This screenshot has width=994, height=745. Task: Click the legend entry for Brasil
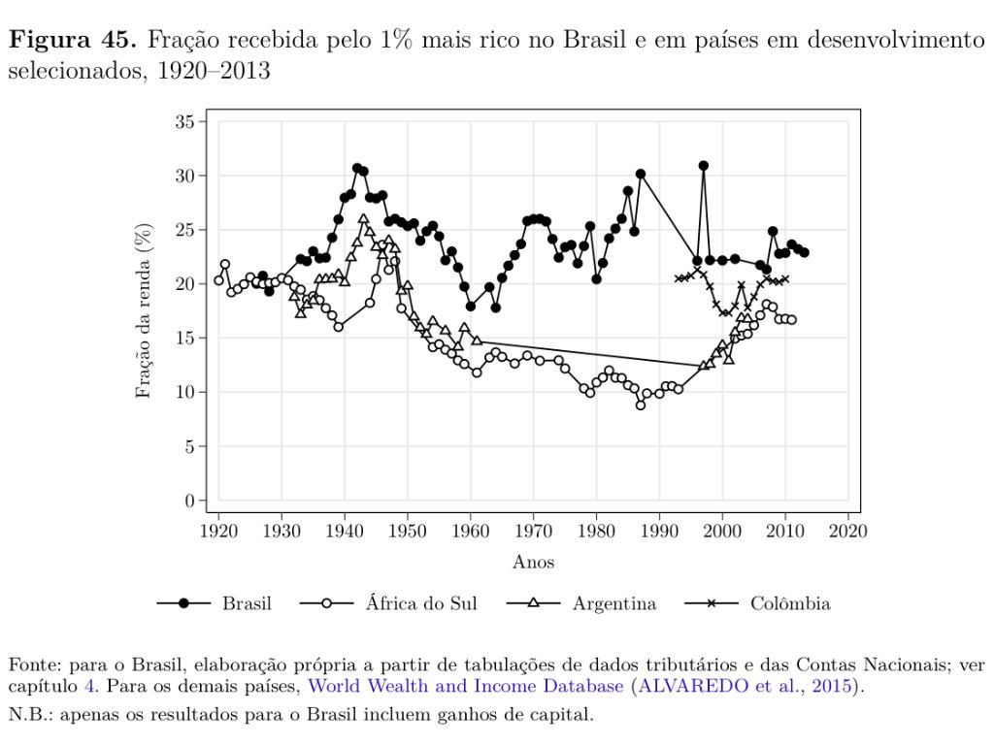(x=247, y=603)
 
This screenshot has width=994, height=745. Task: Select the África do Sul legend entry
(x=421, y=603)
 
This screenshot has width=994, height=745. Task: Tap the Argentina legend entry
(x=613, y=603)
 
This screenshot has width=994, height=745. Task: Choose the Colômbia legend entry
(x=789, y=603)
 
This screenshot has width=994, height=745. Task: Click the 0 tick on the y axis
(x=190, y=501)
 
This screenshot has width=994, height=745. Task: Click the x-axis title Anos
(x=533, y=562)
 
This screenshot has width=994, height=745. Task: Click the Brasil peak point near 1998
(x=704, y=166)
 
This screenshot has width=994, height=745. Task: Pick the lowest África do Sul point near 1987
(x=641, y=405)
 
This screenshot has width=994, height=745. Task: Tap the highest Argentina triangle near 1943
(x=363, y=219)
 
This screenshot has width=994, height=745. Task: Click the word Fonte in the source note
(x=31, y=665)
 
